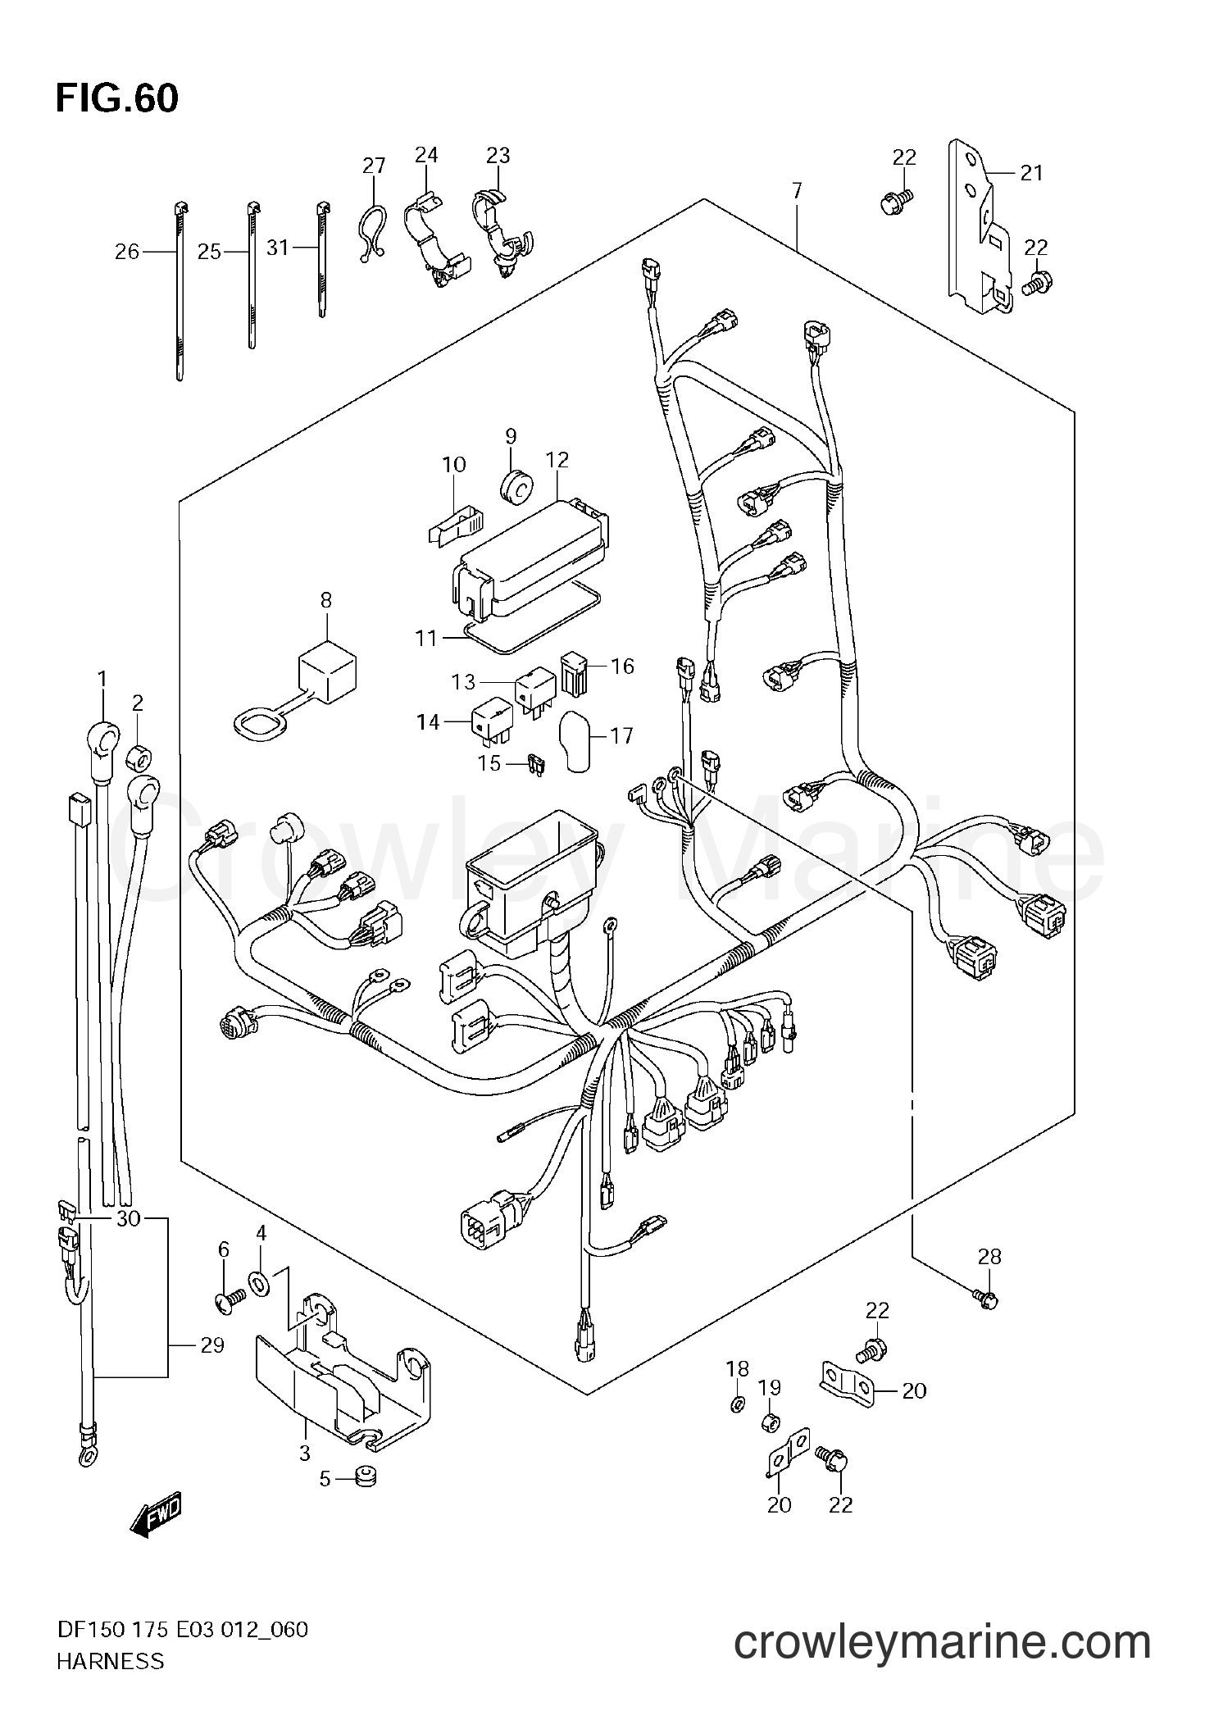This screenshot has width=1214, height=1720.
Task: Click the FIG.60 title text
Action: pyautogui.click(x=116, y=99)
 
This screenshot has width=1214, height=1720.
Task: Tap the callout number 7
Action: pyautogui.click(x=797, y=191)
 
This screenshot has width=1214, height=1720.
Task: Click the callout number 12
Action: pyautogui.click(x=557, y=460)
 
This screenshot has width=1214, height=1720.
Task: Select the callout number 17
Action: pyautogui.click(x=621, y=735)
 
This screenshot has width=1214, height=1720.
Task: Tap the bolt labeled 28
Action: pyautogui.click(x=988, y=1319)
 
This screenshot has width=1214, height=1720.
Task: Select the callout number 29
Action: pyautogui.click(x=211, y=1345)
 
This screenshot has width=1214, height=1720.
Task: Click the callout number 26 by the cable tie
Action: pyautogui.click(x=127, y=252)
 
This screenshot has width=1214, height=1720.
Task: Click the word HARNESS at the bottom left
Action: pyautogui.click(x=110, y=1684)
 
